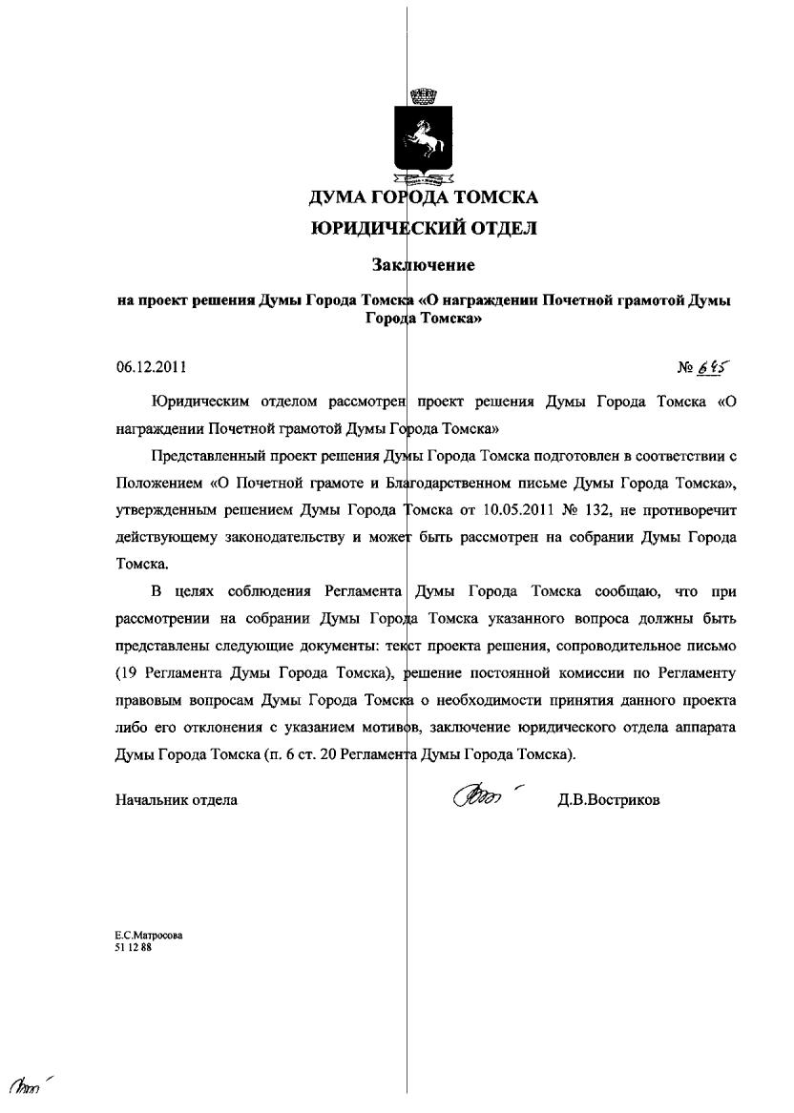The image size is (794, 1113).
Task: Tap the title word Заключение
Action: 423,264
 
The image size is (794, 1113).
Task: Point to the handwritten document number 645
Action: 712,367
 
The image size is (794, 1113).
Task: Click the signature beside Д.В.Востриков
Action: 483,794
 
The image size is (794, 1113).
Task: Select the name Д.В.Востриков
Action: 609,800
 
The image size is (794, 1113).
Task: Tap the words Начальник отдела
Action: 177,800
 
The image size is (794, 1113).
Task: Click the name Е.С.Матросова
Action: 149,936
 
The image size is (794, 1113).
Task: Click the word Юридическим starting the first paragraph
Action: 206,402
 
